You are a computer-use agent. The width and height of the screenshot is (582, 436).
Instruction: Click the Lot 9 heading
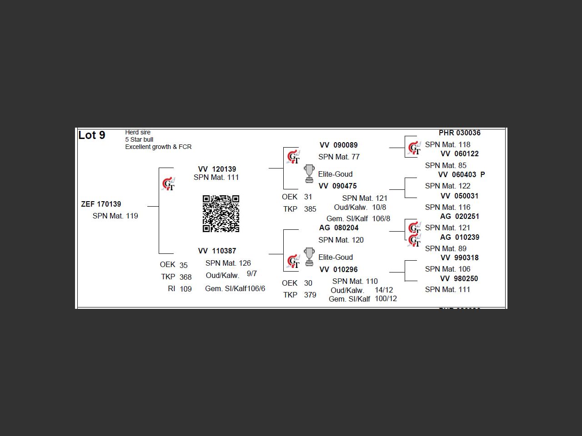point(92,135)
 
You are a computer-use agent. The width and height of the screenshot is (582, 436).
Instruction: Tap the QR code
point(221,213)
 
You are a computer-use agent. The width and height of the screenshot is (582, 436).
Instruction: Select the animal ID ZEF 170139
point(101,204)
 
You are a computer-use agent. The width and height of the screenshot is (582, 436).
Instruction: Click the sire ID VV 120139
point(217,169)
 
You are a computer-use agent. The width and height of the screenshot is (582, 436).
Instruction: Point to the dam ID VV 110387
point(217,251)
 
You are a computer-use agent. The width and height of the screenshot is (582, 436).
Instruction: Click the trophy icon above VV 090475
point(309,173)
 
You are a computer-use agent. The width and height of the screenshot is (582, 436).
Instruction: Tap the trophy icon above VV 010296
point(309,257)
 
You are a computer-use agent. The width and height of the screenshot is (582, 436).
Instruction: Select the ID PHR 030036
point(460,133)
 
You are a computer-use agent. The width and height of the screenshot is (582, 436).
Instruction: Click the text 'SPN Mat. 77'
point(339,157)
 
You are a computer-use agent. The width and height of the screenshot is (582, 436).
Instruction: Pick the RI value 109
point(186,289)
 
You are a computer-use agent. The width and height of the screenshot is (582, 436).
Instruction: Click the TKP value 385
point(310,209)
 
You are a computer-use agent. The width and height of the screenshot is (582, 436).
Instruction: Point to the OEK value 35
point(184,265)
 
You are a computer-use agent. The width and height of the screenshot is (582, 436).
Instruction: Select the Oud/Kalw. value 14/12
point(384,290)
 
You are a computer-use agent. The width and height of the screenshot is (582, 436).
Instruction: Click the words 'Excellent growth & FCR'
point(158,147)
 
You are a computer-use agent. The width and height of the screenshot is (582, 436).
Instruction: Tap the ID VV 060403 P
point(462,174)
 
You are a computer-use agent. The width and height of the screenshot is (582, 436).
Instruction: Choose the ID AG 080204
point(339,228)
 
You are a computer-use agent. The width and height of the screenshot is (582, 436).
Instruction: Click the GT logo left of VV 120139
point(168,184)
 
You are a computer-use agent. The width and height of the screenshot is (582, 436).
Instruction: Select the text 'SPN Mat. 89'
point(446,248)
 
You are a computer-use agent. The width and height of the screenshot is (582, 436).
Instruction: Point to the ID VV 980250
point(459,278)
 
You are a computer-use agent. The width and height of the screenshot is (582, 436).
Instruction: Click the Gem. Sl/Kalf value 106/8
point(381,218)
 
